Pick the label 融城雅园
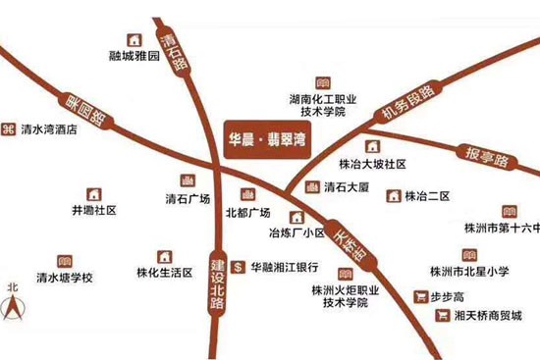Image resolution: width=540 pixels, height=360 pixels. (x=135, y=57)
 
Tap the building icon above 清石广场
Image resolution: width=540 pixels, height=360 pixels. (x=188, y=180)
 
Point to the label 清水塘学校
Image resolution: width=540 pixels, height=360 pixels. (x=64, y=279)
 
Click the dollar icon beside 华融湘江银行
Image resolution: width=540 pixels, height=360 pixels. (x=238, y=266)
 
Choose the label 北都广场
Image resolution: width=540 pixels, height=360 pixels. (x=247, y=212)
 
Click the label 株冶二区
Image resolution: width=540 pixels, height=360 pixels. (x=427, y=196)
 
